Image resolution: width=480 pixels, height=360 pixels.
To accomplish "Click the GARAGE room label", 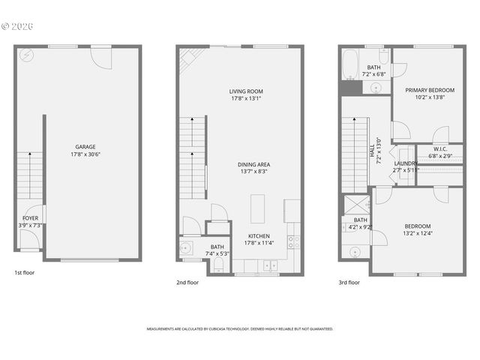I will pyautogui.click(x=85, y=147).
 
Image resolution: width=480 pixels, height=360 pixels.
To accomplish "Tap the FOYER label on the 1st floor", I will pyautogui.click(x=30, y=217).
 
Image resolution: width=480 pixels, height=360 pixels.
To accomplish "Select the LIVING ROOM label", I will pyautogui.click(x=246, y=91).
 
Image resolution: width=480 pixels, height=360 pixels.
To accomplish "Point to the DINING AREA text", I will pyautogui.click(x=254, y=164).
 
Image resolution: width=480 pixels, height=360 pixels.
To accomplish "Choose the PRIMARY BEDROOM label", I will pyautogui.click(x=430, y=90).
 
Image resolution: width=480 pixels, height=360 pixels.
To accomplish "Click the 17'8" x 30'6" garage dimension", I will pyautogui.click(x=85, y=154).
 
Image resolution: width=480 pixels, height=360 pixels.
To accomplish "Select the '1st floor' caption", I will pyautogui.click(x=24, y=273).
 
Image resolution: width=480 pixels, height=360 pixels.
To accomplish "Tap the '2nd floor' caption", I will pyautogui.click(x=187, y=283).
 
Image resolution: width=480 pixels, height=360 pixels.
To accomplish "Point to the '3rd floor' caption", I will pyautogui.click(x=349, y=283).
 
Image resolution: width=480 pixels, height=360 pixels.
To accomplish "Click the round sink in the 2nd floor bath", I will pyautogui.click(x=184, y=247).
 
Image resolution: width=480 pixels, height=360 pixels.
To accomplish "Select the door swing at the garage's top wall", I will pyautogui.click(x=100, y=56).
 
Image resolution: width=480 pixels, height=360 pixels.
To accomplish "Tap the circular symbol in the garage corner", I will pyautogui.click(x=26, y=55).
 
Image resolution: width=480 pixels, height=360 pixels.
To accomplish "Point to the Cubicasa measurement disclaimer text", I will pyautogui.click(x=239, y=328).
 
